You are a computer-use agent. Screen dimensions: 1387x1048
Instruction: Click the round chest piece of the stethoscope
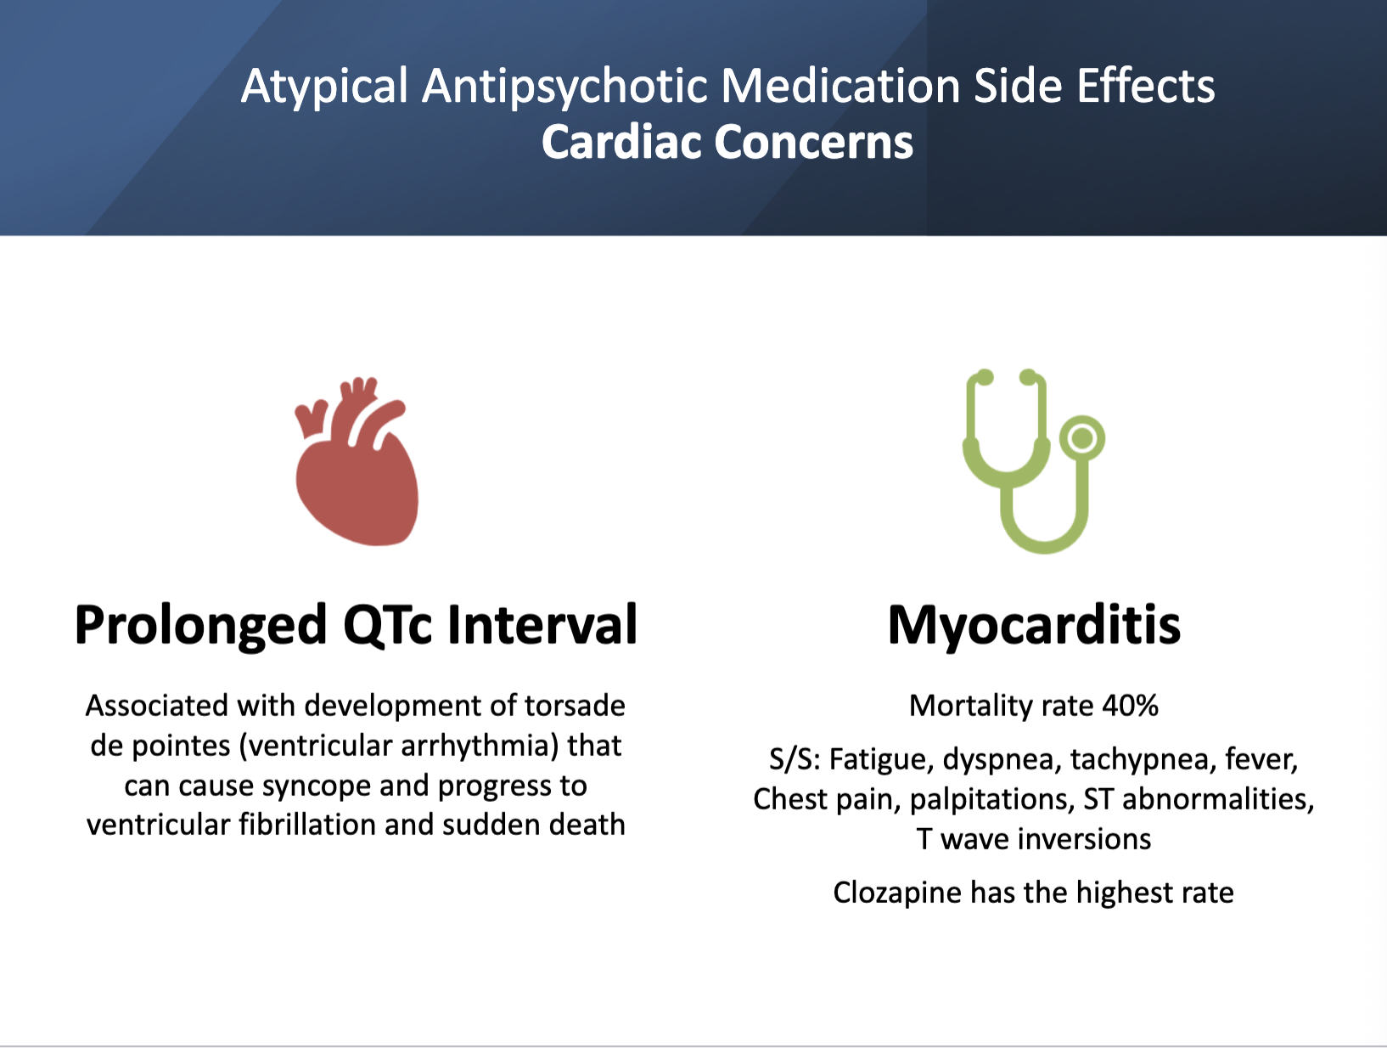click(1082, 438)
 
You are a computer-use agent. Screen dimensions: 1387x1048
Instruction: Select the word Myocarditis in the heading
click(1034, 625)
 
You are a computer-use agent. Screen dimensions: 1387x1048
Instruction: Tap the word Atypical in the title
click(324, 87)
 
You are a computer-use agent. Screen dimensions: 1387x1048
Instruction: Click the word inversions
click(1084, 839)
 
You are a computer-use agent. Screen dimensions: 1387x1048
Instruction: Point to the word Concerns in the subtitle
click(814, 142)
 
